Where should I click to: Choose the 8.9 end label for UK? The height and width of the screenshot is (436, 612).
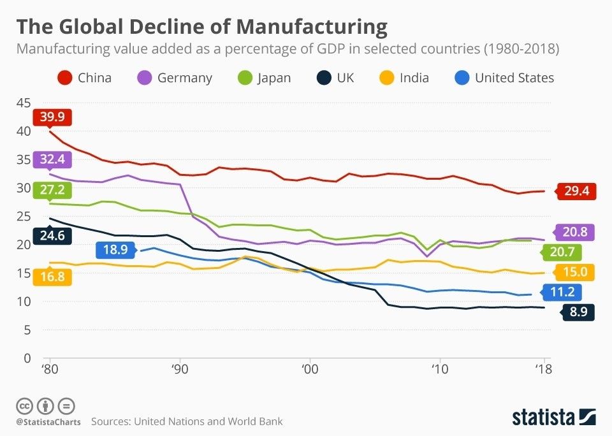point(578,312)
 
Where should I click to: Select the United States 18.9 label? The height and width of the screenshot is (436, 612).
point(115,249)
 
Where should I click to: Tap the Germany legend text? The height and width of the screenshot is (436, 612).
point(184,78)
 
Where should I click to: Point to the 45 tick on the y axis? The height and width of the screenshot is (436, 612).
point(23,103)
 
